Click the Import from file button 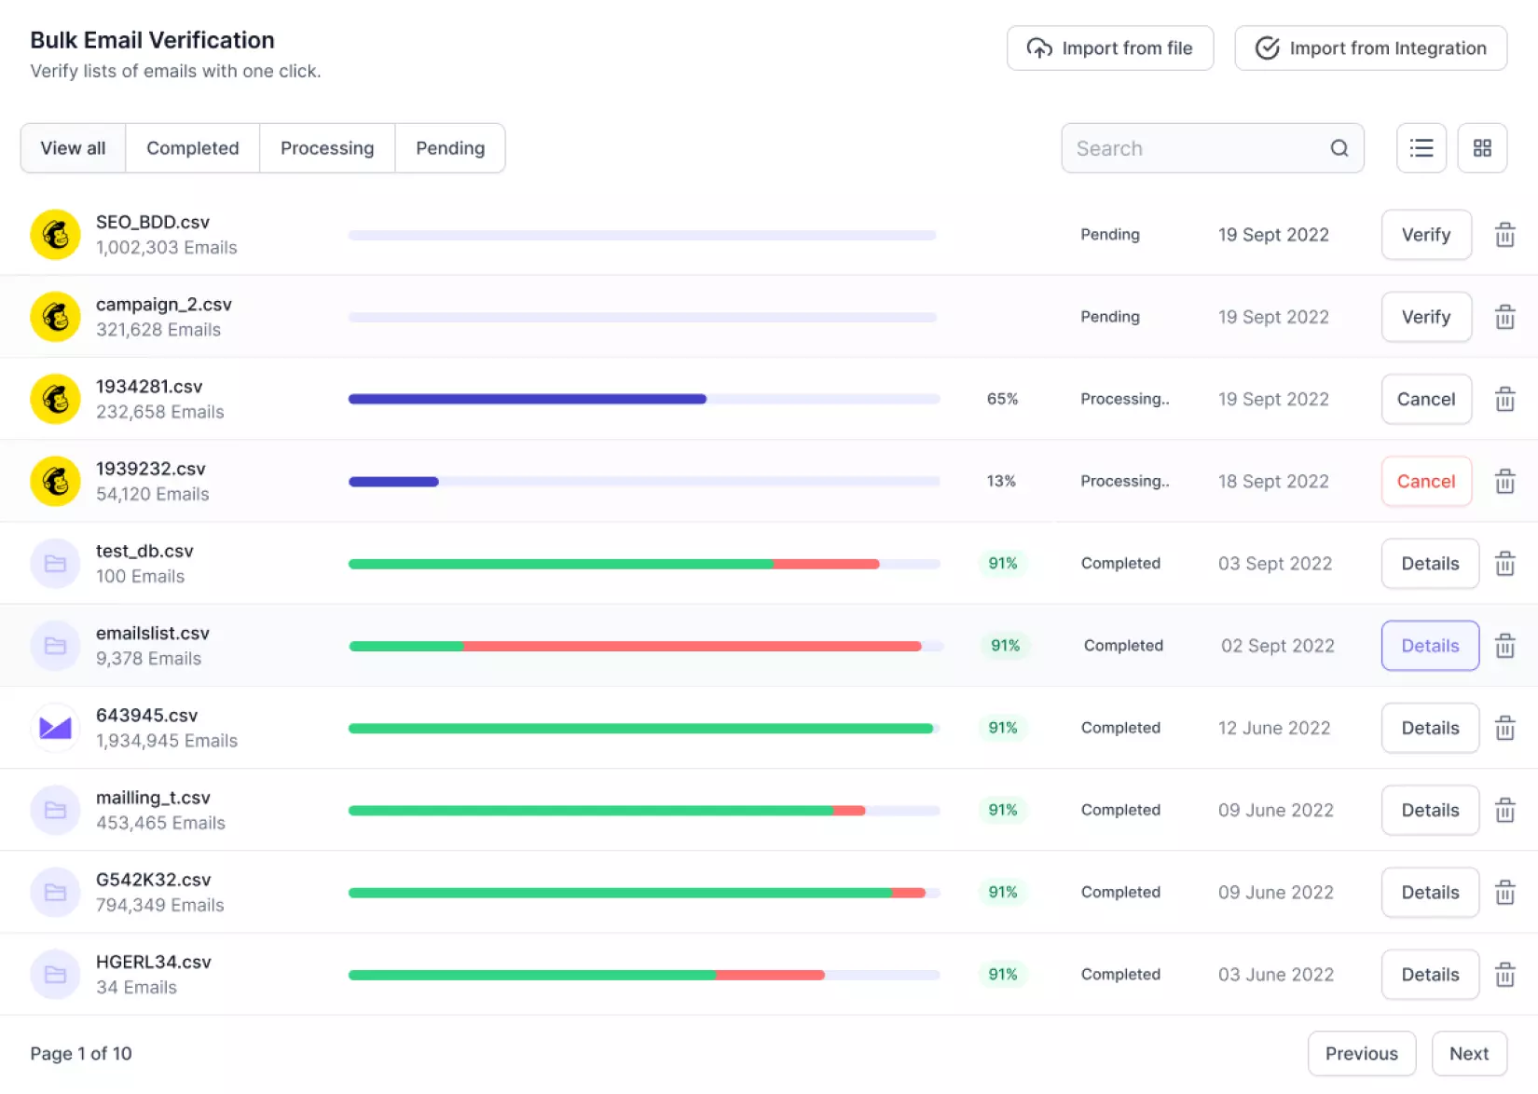coord(1109,48)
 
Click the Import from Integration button coord(1370,48)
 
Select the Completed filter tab coord(192,148)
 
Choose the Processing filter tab coord(326,148)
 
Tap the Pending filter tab coord(449,148)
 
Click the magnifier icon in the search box coord(1339,148)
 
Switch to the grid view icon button coord(1482,148)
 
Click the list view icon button coord(1421,148)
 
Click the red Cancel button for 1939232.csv coord(1425,481)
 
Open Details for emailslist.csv coord(1429,646)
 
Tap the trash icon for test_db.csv coord(1504,564)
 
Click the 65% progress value coord(1002,399)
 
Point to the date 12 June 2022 coord(1273,728)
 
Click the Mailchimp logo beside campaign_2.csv coord(55,317)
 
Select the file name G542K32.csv coord(153,880)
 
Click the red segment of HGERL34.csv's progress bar coord(769,975)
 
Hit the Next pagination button coord(1468,1053)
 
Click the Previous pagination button coord(1361,1053)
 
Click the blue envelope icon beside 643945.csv coord(55,728)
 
